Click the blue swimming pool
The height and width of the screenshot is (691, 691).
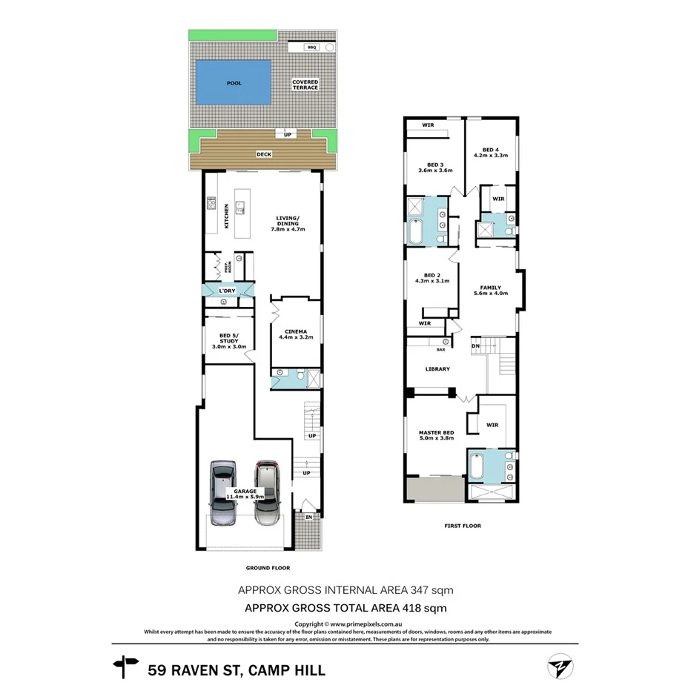coord(233,83)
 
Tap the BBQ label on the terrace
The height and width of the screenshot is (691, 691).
coord(312,47)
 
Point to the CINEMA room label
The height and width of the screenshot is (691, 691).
coord(291,333)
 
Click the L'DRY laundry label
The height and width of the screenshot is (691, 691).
coord(227,291)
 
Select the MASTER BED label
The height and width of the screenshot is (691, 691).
coord(437,432)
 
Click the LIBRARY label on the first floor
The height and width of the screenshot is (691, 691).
coord(437,368)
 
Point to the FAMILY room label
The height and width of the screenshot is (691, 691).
coord(490,288)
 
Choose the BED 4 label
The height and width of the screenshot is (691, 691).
coord(490,151)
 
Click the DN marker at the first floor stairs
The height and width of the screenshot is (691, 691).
coord(476,345)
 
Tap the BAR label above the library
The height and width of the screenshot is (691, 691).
coord(440,349)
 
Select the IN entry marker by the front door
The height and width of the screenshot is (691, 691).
coord(308,518)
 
